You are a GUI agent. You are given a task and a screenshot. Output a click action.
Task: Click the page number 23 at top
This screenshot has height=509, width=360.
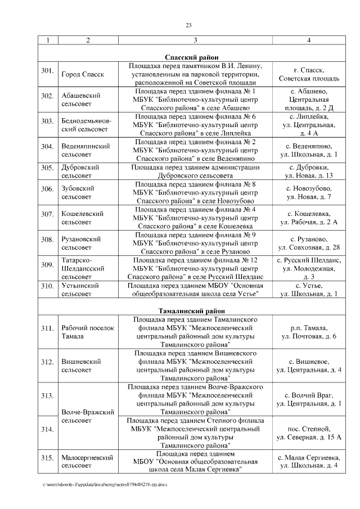click(x=188, y=25)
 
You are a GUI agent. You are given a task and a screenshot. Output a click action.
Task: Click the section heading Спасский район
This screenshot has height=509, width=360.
click(x=188, y=57)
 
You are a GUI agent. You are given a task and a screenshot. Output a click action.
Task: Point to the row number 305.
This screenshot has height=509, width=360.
click(x=47, y=168)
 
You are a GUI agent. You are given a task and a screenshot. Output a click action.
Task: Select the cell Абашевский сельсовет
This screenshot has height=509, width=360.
click(x=81, y=100)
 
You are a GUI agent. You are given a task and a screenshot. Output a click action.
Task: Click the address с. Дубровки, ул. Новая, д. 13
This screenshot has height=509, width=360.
click(x=308, y=172)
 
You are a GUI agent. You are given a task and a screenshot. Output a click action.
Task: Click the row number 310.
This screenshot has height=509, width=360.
click(x=47, y=286)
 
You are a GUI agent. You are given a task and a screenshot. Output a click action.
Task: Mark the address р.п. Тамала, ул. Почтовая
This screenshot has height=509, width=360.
click(x=308, y=332)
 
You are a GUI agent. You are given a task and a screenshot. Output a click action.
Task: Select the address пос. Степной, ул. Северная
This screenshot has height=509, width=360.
click(x=308, y=433)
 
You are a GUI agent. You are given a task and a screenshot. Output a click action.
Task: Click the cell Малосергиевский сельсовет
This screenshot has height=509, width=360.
click(x=88, y=461)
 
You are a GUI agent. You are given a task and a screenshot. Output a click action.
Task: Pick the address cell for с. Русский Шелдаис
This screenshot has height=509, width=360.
click(x=308, y=268)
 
